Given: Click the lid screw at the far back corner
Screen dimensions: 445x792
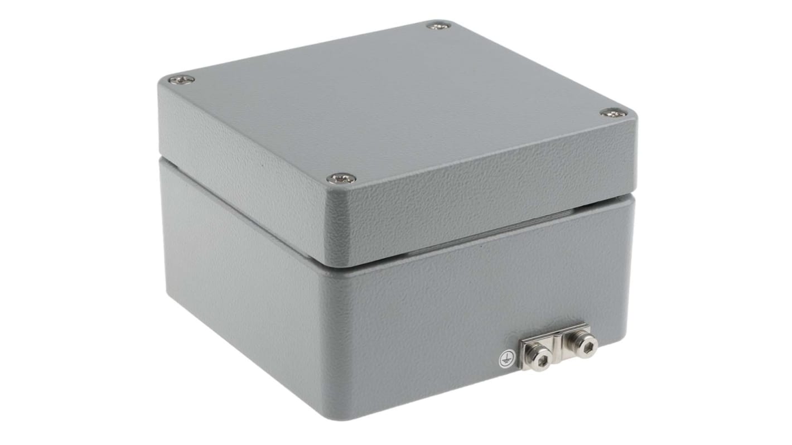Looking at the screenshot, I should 438,25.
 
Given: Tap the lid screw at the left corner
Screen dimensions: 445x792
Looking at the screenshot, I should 181,80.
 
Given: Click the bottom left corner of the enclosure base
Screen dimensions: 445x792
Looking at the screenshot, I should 167,296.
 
